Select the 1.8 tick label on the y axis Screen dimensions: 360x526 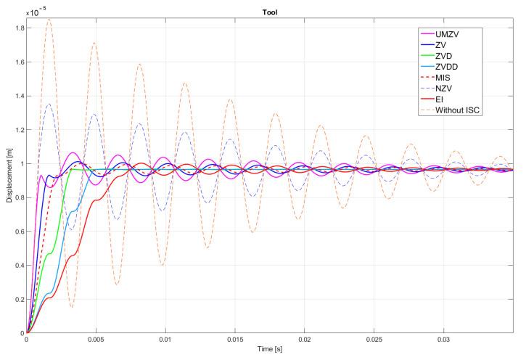pyautogui.click(x=17, y=28)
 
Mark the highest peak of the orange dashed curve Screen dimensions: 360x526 pyautogui.click(x=49, y=20)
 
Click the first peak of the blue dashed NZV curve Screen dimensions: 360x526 pyautogui.click(x=48, y=104)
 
